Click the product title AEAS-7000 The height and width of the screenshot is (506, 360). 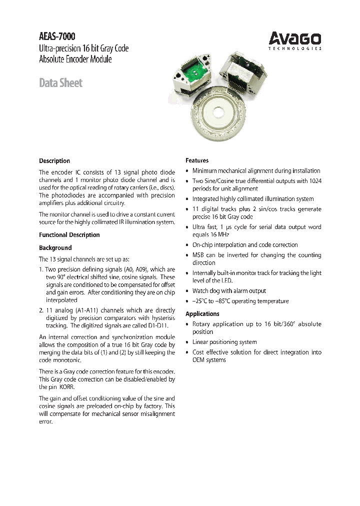tap(58, 36)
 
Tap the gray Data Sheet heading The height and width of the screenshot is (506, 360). tap(60, 83)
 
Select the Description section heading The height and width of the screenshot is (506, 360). tap(54, 161)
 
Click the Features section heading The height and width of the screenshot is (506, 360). tap(197, 160)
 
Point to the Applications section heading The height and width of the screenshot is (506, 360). tap(202, 314)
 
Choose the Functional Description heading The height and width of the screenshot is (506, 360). tap(69, 235)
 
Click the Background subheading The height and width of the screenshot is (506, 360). tap(55, 248)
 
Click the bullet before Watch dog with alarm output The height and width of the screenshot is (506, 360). tap(187, 291)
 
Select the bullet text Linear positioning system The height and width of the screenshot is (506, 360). tap(224, 342)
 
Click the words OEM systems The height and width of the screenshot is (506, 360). tap(209, 360)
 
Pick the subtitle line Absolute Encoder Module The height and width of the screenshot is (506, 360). tap(75, 59)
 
